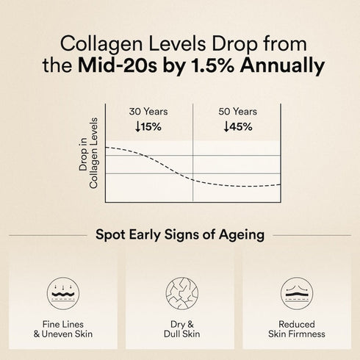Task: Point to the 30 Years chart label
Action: click(148, 112)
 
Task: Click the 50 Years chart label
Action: click(237, 112)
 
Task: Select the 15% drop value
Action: click(154, 126)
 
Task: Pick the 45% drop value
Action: click(242, 126)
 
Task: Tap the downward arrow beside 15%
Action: click(138, 126)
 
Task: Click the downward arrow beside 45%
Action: click(226, 126)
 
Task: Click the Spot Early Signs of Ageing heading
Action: click(180, 236)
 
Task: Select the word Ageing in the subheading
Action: click(242, 237)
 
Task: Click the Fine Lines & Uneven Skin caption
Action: click(62, 329)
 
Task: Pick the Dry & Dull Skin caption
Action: click(180, 329)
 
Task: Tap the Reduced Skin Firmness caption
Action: click(298, 329)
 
